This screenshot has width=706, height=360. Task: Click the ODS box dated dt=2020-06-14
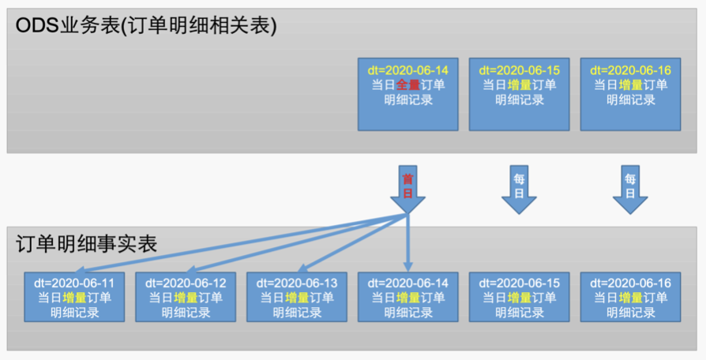[x=407, y=93]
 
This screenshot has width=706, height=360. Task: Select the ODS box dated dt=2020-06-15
[x=519, y=93]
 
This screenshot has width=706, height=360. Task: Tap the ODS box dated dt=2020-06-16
[x=630, y=93]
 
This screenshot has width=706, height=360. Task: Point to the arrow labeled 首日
[x=407, y=189]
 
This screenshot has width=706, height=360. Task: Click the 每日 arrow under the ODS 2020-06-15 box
[x=519, y=189]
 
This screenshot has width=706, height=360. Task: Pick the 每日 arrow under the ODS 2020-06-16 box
[x=630, y=189]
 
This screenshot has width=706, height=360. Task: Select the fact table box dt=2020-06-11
[x=74, y=296]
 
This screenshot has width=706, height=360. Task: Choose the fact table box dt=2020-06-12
[x=186, y=296]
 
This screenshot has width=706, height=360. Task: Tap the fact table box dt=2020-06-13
[x=297, y=296]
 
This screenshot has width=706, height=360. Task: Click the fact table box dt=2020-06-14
[x=407, y=296]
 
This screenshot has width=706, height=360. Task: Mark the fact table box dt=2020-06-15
[x=519, y=296]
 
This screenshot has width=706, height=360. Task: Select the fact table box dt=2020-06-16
[x=630, y=296]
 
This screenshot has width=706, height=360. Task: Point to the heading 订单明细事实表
[x=87, y=243]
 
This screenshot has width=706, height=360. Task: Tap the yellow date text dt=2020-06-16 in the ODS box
[x=630, y=69]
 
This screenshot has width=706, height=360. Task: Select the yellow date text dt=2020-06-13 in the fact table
[x=297, y=282]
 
